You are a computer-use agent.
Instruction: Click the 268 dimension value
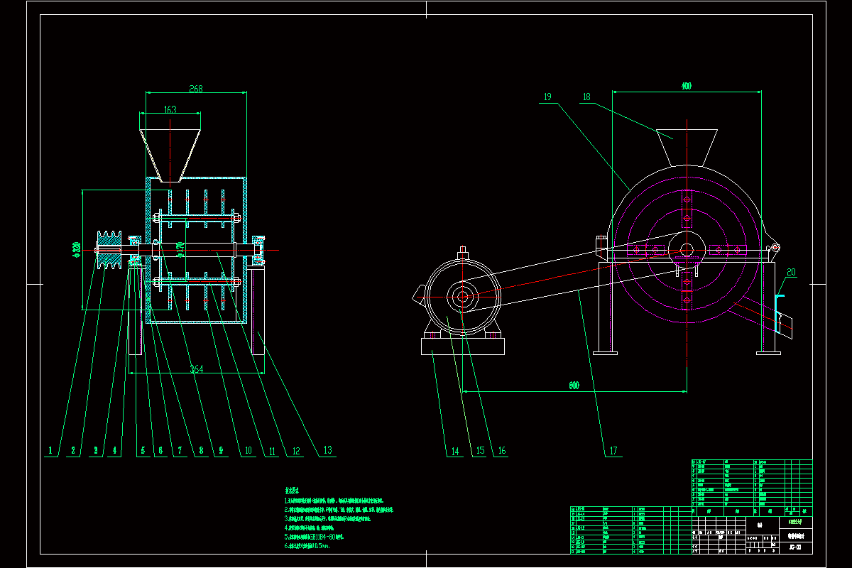click(x=196, y=89)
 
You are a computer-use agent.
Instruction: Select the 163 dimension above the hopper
click(x=170, y=109)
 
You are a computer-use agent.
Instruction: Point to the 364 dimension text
click(x=196, y=368)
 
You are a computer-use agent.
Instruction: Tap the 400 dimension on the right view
click(x=686, y=86)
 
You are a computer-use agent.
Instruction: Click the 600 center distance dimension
click(x=574, y=386)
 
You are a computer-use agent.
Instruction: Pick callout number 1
click(x=50, y=450)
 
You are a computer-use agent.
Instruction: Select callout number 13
click(x=327, y=450)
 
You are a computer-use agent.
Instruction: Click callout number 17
click(x=613, y=450)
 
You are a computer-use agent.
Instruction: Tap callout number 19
click(x=547, y=97)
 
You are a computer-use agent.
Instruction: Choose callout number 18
click(x=586, y=97)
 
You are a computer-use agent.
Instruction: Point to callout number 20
click(x=792, y=272)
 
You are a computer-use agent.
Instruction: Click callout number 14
click(x=454, y=450)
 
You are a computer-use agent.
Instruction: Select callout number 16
click(x=501, y=450)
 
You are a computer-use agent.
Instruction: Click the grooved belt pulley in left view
click(x=109, y=250)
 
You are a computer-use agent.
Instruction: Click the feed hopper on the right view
click(x=687, y=146)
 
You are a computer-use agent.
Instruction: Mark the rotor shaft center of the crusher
click(x=687, y=249)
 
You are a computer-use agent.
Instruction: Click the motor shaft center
click(x=462, y=297)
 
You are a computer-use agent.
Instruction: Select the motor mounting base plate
click(x=462, y=346)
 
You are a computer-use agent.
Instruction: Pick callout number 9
click(x=220, y=450)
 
